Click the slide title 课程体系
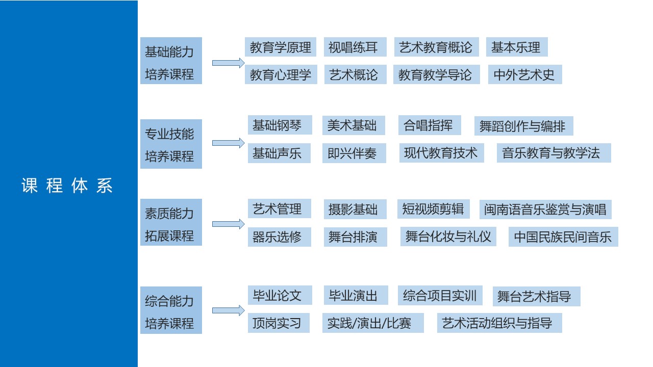tap(67, 186)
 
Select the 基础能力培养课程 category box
tap(171, 61)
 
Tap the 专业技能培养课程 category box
tap(171, 144)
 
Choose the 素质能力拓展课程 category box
tap(171, 222)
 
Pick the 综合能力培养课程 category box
tap(171, 310)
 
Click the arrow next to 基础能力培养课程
tap(228, 63)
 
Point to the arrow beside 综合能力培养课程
tap(228, 310)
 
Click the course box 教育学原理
tap(281, 47)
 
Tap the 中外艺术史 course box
tap(524, 75)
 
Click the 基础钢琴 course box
tap(280, 125)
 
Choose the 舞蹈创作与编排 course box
tap(523, 126)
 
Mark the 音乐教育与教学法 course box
tap(554, 153)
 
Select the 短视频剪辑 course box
tap(433, 209)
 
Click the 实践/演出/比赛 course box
tap(372, 323)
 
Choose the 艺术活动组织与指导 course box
tap(499, 323)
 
